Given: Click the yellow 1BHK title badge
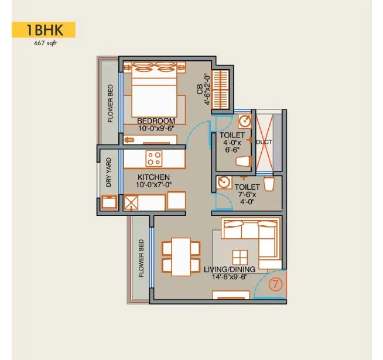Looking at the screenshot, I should (44, 30).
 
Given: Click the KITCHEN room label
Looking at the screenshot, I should (153, 177).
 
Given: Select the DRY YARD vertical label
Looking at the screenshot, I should (108, 172).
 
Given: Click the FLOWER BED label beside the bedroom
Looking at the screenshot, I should (110, 102).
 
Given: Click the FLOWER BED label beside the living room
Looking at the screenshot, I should (141, 258).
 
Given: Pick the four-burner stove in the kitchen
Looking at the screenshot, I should (154, 158).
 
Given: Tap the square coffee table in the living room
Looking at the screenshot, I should (240, 257).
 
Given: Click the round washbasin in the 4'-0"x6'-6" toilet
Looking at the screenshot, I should (245, 121).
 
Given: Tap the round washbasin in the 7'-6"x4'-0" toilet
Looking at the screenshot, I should (223, 183).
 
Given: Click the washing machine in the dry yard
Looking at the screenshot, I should (108, 202).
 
